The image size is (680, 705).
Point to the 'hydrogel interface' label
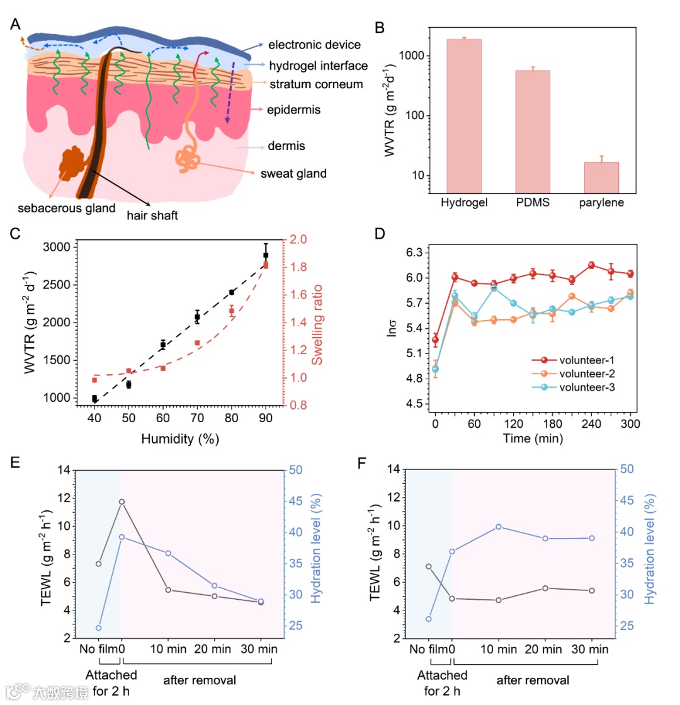318,65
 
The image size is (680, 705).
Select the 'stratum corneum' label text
315,84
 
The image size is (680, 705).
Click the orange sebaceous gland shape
75,163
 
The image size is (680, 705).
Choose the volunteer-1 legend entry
580,360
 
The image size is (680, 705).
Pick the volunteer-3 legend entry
580,387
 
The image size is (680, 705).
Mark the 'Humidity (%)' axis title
162,440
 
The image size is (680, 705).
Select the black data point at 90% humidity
266,255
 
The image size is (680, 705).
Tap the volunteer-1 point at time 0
435,340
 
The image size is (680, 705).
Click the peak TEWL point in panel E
122,502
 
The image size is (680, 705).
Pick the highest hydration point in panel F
498,526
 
